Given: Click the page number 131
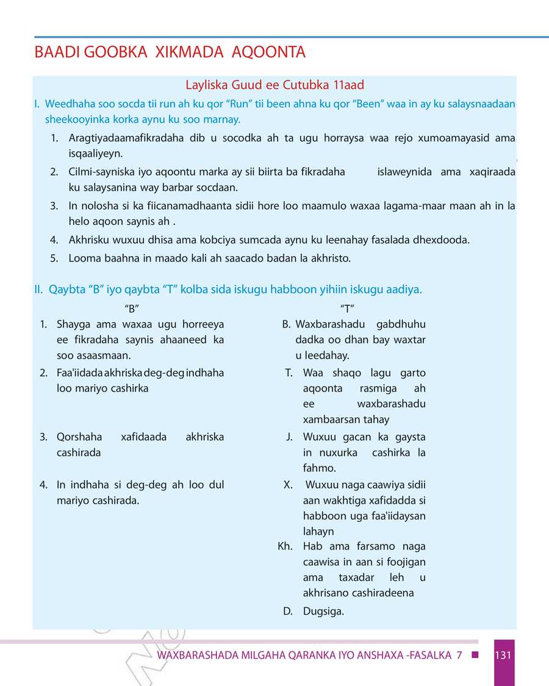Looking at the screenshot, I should point(503,656).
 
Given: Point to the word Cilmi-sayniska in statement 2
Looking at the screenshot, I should point(99,172).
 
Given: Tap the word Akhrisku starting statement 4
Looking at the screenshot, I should point(89,240).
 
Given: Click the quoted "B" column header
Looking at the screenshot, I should point(129,308).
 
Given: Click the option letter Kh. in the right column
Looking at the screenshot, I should point(285,546).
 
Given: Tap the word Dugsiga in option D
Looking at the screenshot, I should point(323,611).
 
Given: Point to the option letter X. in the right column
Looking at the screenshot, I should point(289,485).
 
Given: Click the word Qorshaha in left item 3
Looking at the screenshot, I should point(77,437).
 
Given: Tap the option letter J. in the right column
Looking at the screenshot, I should point(290,437).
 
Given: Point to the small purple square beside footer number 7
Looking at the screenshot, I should point(475,656).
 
